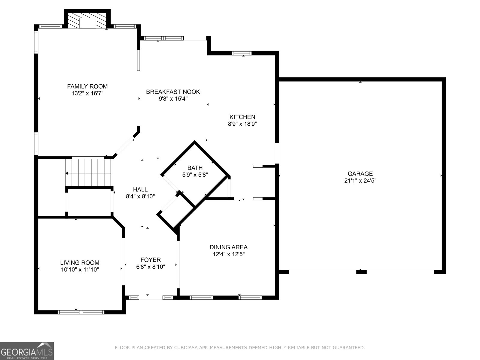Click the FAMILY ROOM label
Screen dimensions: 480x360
click(x=87, y=86)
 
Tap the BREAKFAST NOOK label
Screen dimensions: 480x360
click(x=173, y=92)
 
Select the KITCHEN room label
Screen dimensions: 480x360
click(x=242, y=117)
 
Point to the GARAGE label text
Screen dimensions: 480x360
click(x=360, y=174)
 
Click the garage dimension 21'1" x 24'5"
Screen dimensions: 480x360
click(x=360, y=181)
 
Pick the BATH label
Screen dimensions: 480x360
click(x=195, y=168)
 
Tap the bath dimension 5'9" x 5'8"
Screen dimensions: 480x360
click(x=195, y=175)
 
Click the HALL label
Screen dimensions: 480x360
click(x=140, y=189)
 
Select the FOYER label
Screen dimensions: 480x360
click(x=151, y=260)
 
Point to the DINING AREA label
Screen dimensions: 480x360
click(x=229, y=247)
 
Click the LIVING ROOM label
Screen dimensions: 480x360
click(x=80, y=262)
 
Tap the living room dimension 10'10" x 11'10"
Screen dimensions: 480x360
click(x=80, y=269)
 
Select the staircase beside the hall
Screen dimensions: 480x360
click(x=88, y=172)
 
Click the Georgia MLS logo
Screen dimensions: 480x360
click(x=27, y=351)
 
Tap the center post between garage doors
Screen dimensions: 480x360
click(x=361, y=272)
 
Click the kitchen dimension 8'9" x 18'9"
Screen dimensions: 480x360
click(x=242, y=124)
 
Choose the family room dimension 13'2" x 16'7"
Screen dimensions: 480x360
click(x=87, y=93)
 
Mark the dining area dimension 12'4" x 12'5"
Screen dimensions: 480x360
click(x=229, y=254)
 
